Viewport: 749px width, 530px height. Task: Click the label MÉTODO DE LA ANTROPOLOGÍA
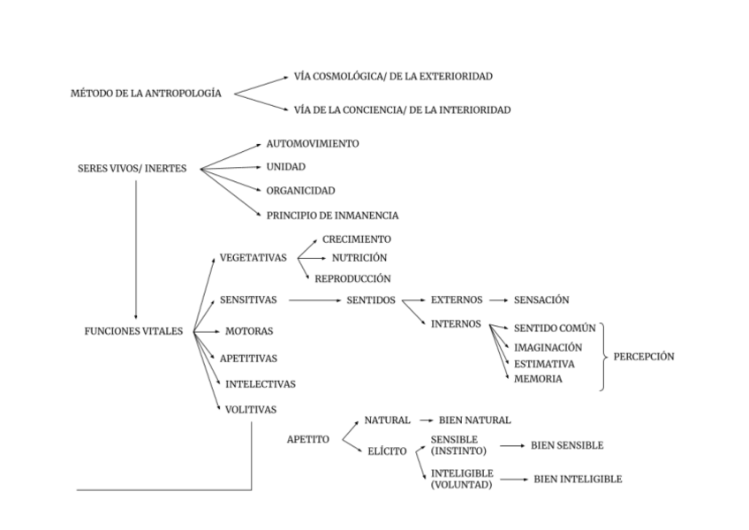tap(146, 93)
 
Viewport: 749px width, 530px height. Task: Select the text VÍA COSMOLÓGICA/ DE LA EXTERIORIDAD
tap(393, 77)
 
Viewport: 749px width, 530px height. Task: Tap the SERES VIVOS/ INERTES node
tap(132, 169)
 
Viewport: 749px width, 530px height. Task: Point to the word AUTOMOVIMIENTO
tap(313, 143)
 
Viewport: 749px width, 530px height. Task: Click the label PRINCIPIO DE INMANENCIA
tap(332, 215)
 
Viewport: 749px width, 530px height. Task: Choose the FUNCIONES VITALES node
tap(133, 331)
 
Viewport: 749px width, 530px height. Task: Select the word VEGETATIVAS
tap(253, 257)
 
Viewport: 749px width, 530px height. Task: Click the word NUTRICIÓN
tap(359, 258)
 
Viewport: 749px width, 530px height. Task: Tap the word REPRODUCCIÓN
tap(352, 278)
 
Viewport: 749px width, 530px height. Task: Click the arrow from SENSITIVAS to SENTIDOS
tap(313, 300)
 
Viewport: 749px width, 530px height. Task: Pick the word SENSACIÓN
tap(541, 300)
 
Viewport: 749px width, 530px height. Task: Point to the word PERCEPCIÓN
tap(644, 357)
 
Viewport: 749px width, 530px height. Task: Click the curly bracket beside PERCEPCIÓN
tap(604, 357)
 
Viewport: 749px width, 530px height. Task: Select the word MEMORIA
tap(538, 379)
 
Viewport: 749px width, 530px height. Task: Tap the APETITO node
tap(308, 439)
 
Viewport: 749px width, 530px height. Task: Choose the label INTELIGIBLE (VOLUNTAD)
tap(462, 479)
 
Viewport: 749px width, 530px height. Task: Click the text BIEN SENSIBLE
tap(567, 445)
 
